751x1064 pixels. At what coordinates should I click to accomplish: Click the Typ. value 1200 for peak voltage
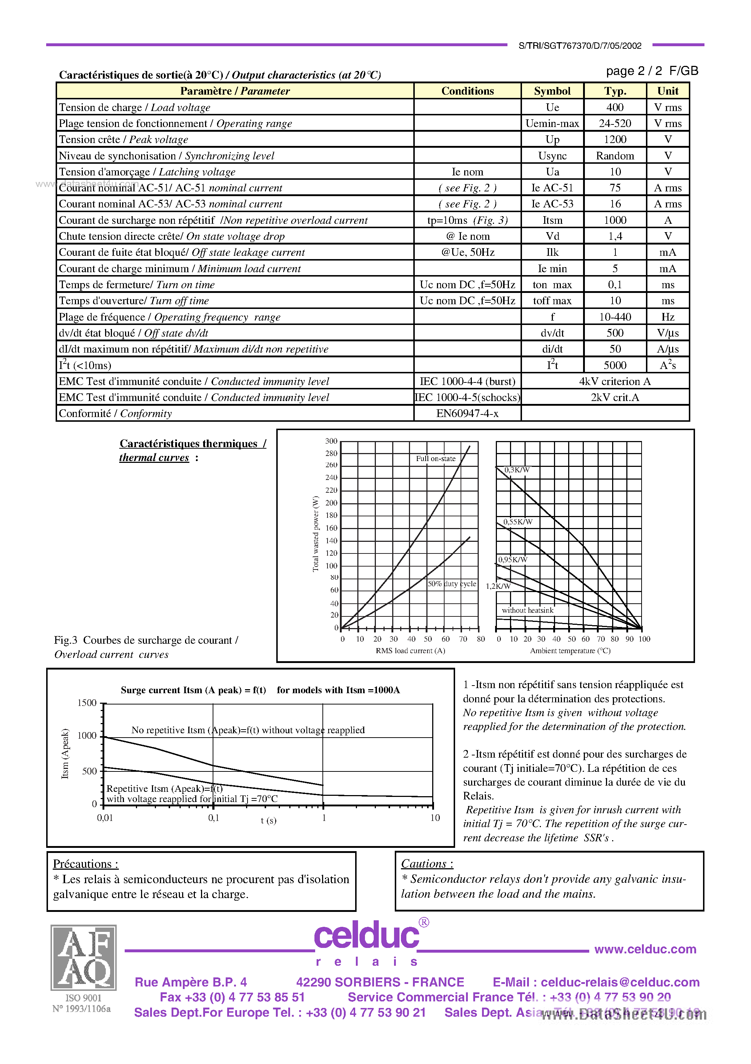615,139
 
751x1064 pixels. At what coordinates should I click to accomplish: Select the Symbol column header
552,91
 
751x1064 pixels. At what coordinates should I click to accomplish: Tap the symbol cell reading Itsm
552,220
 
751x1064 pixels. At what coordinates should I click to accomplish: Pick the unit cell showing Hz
668,317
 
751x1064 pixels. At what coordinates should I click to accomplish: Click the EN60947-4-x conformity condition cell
467,413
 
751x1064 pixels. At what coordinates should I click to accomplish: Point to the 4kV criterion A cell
614,381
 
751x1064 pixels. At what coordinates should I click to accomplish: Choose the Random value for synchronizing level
615,156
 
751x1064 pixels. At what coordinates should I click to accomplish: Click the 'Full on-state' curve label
435,458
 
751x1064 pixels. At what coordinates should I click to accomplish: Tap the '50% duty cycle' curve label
451,584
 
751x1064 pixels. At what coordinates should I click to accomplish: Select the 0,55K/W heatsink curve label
518,522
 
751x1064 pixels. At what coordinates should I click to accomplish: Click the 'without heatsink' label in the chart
527,610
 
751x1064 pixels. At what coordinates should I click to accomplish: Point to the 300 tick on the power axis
331,441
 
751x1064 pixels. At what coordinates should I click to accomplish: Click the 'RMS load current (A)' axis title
410,651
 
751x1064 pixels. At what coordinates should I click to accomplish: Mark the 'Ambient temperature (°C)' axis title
570,651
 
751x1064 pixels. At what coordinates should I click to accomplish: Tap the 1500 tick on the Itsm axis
87,703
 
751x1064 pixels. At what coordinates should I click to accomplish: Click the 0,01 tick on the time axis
105,818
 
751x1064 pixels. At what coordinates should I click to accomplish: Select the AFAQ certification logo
83,957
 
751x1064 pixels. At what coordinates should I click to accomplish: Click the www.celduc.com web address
645,949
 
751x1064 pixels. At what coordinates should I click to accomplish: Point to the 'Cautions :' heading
427,864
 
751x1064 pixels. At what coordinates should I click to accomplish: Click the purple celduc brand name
366,936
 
